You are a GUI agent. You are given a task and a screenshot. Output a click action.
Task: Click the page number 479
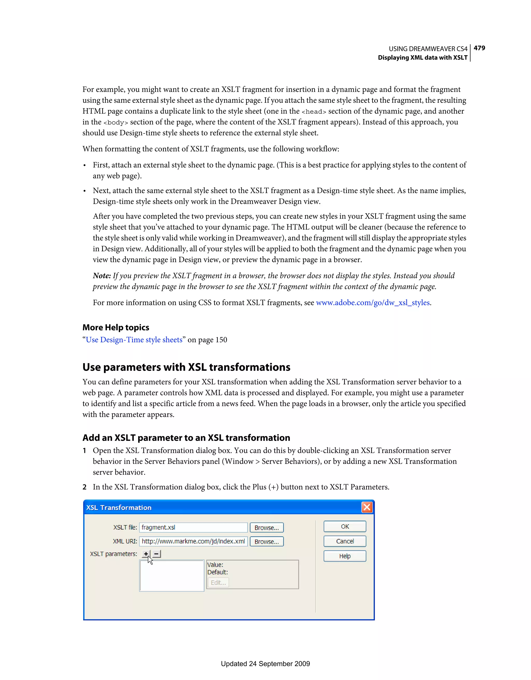coord(479,48)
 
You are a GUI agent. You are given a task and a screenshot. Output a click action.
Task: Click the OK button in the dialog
coord(345,527)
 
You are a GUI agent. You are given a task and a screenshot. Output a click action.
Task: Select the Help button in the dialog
coord(345,556)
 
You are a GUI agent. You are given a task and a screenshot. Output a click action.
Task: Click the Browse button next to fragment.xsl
coord(267,528)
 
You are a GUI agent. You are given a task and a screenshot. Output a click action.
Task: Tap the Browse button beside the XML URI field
coord(267,542)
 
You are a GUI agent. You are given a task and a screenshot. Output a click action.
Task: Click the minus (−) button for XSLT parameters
coord(156,554)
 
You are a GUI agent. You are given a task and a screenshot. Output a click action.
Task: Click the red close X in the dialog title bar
coord(367,507)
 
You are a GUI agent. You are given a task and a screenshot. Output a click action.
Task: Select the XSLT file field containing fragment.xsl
coord(193,527)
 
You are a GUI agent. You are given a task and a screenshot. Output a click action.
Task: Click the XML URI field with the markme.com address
coord(193,541)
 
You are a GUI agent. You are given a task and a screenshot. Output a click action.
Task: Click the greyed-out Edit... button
coord(218,583)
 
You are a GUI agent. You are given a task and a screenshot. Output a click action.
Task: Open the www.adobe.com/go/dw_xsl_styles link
coord(373,303)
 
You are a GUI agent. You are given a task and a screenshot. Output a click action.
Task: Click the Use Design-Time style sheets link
coord(134,340)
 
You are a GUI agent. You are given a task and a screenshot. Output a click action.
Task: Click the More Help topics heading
coord(116,328)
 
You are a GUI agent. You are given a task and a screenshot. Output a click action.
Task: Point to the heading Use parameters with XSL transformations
coord(186,368)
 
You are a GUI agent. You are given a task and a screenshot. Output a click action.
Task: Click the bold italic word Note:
coord(102,276)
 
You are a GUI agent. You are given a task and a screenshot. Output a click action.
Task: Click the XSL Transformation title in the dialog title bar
coord(119,507)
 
